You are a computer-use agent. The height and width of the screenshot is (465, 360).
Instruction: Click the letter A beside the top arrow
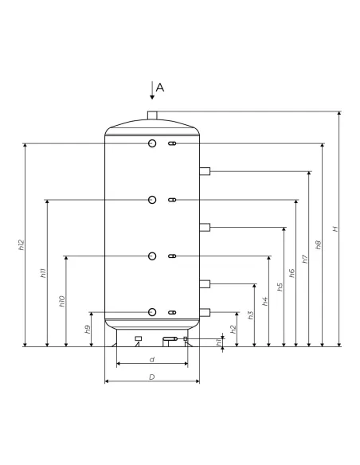(160, 88)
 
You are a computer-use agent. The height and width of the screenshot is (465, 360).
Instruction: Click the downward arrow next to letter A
(152, 90)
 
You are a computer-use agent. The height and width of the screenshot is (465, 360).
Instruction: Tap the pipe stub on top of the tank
(152, 115)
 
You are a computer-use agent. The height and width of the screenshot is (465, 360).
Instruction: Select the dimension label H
(335, 229)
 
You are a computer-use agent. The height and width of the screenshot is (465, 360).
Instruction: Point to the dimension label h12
(21, 244)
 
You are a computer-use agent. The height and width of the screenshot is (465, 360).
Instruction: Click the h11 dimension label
(43, 273)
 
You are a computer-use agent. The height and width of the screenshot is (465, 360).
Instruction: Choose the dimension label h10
(61, 301)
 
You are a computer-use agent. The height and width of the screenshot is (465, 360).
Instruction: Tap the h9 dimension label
(88, 329)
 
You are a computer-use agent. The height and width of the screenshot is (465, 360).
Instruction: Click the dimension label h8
(319, 244)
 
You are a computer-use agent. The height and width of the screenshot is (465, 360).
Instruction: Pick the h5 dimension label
(280, 287)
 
